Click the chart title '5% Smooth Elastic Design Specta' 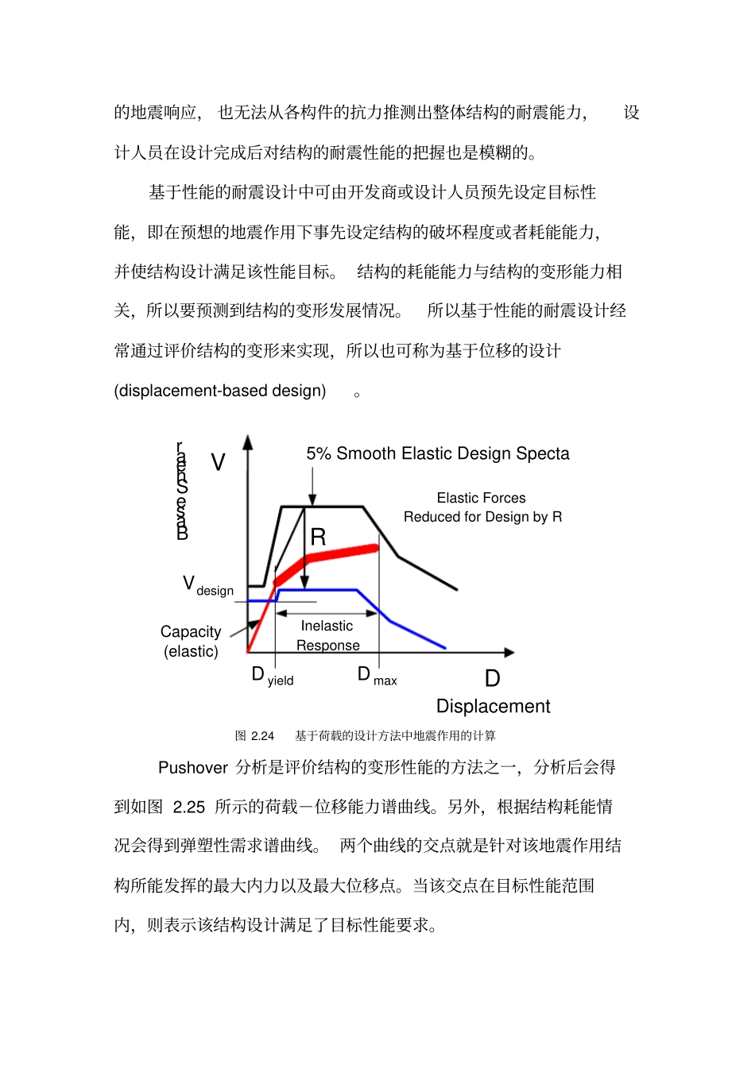(x=438, y=453)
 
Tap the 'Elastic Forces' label (x=481, y=498)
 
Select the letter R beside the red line (x=318, y=538)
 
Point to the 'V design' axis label (x=208, y=586)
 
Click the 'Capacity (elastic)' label (x=191, y=641)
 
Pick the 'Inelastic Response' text (x=327, y=635)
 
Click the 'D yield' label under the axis (x=273, y=677)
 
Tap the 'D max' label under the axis (x=377, y=677)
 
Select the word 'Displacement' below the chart (x=493, y=706)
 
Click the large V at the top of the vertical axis (x=218, y=462)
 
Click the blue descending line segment (x=413, y=633)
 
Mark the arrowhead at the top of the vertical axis (x=248, y=441)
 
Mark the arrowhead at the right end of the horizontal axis (x=509, y=653)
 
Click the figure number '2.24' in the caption (x=262, y=736)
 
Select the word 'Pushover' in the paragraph (x=193, y=768)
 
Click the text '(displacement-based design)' (x=220, y=391)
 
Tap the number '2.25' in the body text (x=188, y=808)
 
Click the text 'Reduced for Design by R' (x=482, y=517)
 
